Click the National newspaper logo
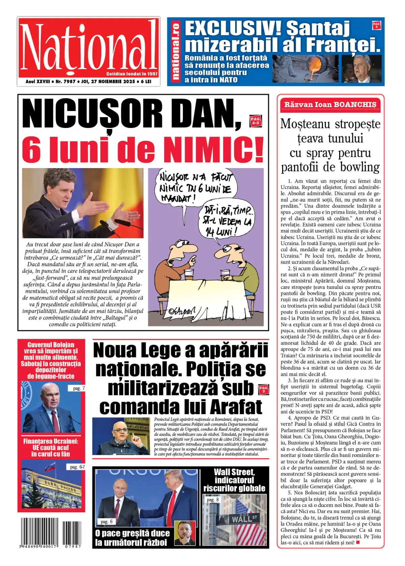click(88, 47)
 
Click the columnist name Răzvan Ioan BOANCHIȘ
click(330, 105)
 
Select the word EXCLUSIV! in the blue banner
click(233, 28)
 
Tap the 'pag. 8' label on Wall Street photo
click(213, 500)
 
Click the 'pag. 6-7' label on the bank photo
click(77, 467)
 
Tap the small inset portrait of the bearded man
click(185, 532)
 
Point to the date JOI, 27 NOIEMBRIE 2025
click(108, 82)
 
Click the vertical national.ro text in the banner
click(175, 51)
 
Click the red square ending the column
click(358, 543)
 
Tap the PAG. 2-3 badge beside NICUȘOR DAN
click(255, 121)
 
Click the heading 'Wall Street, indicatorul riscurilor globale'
click(234, 480)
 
